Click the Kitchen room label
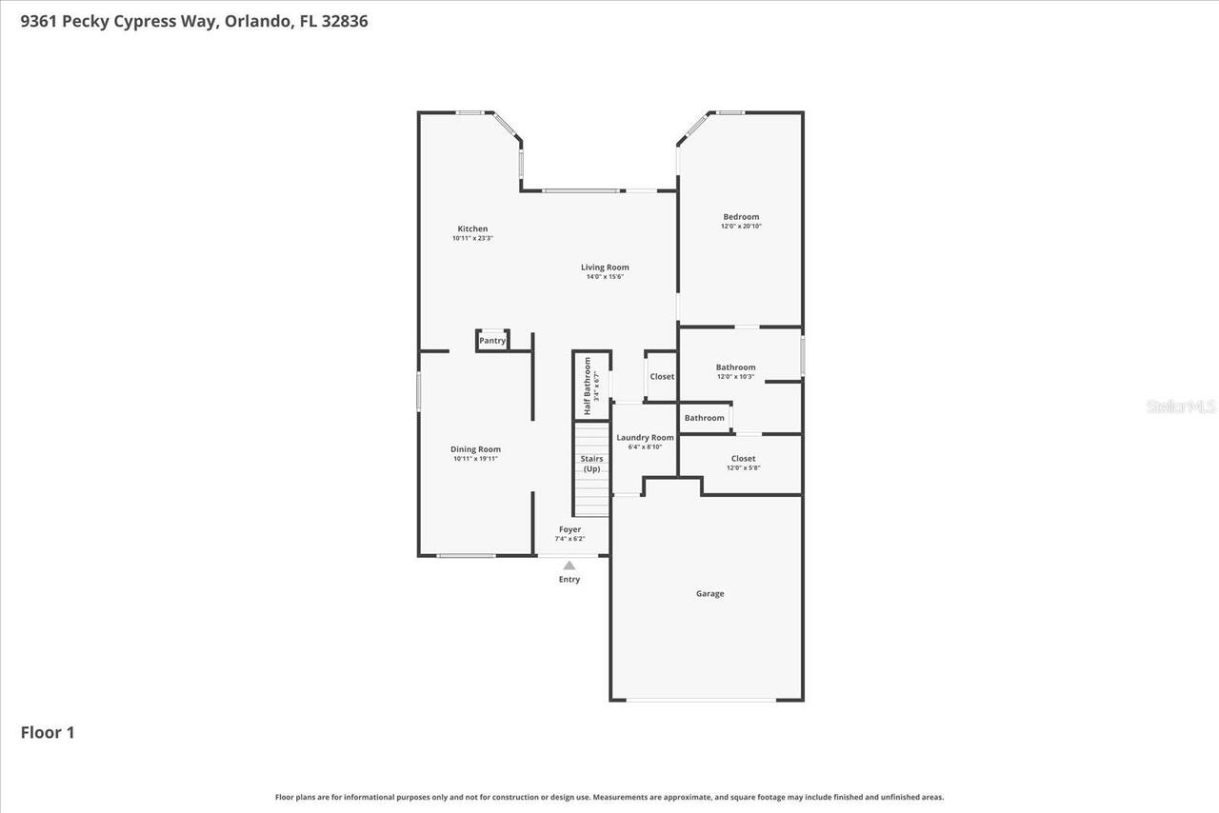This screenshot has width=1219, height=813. point(472,228)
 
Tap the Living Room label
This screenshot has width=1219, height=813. point(605,268)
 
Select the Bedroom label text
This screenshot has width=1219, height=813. point(741,217)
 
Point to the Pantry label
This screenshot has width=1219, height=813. point(492,341)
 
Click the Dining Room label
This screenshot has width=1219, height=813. point(475,449)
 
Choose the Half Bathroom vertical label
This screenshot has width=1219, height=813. point(588,386)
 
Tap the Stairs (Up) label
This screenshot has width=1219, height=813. point(591,464)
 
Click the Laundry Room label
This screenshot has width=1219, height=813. point(645,438)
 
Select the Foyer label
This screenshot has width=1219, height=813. point(570,529)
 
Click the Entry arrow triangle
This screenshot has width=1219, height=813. point(570,565)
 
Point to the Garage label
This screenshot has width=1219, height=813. point(709,593)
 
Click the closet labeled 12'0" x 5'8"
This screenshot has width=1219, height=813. point(743,459)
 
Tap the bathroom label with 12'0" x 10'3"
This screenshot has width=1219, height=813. point(735,367)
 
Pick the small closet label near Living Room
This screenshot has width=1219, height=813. point(662,376)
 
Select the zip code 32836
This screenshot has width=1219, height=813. point(344,20)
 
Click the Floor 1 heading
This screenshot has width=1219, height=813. point(48,732)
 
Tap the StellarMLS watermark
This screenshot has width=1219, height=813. point(1181,406)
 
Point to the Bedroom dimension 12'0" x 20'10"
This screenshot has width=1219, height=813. point(741,227)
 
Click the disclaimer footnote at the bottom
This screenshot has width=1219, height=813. point(609,797)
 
